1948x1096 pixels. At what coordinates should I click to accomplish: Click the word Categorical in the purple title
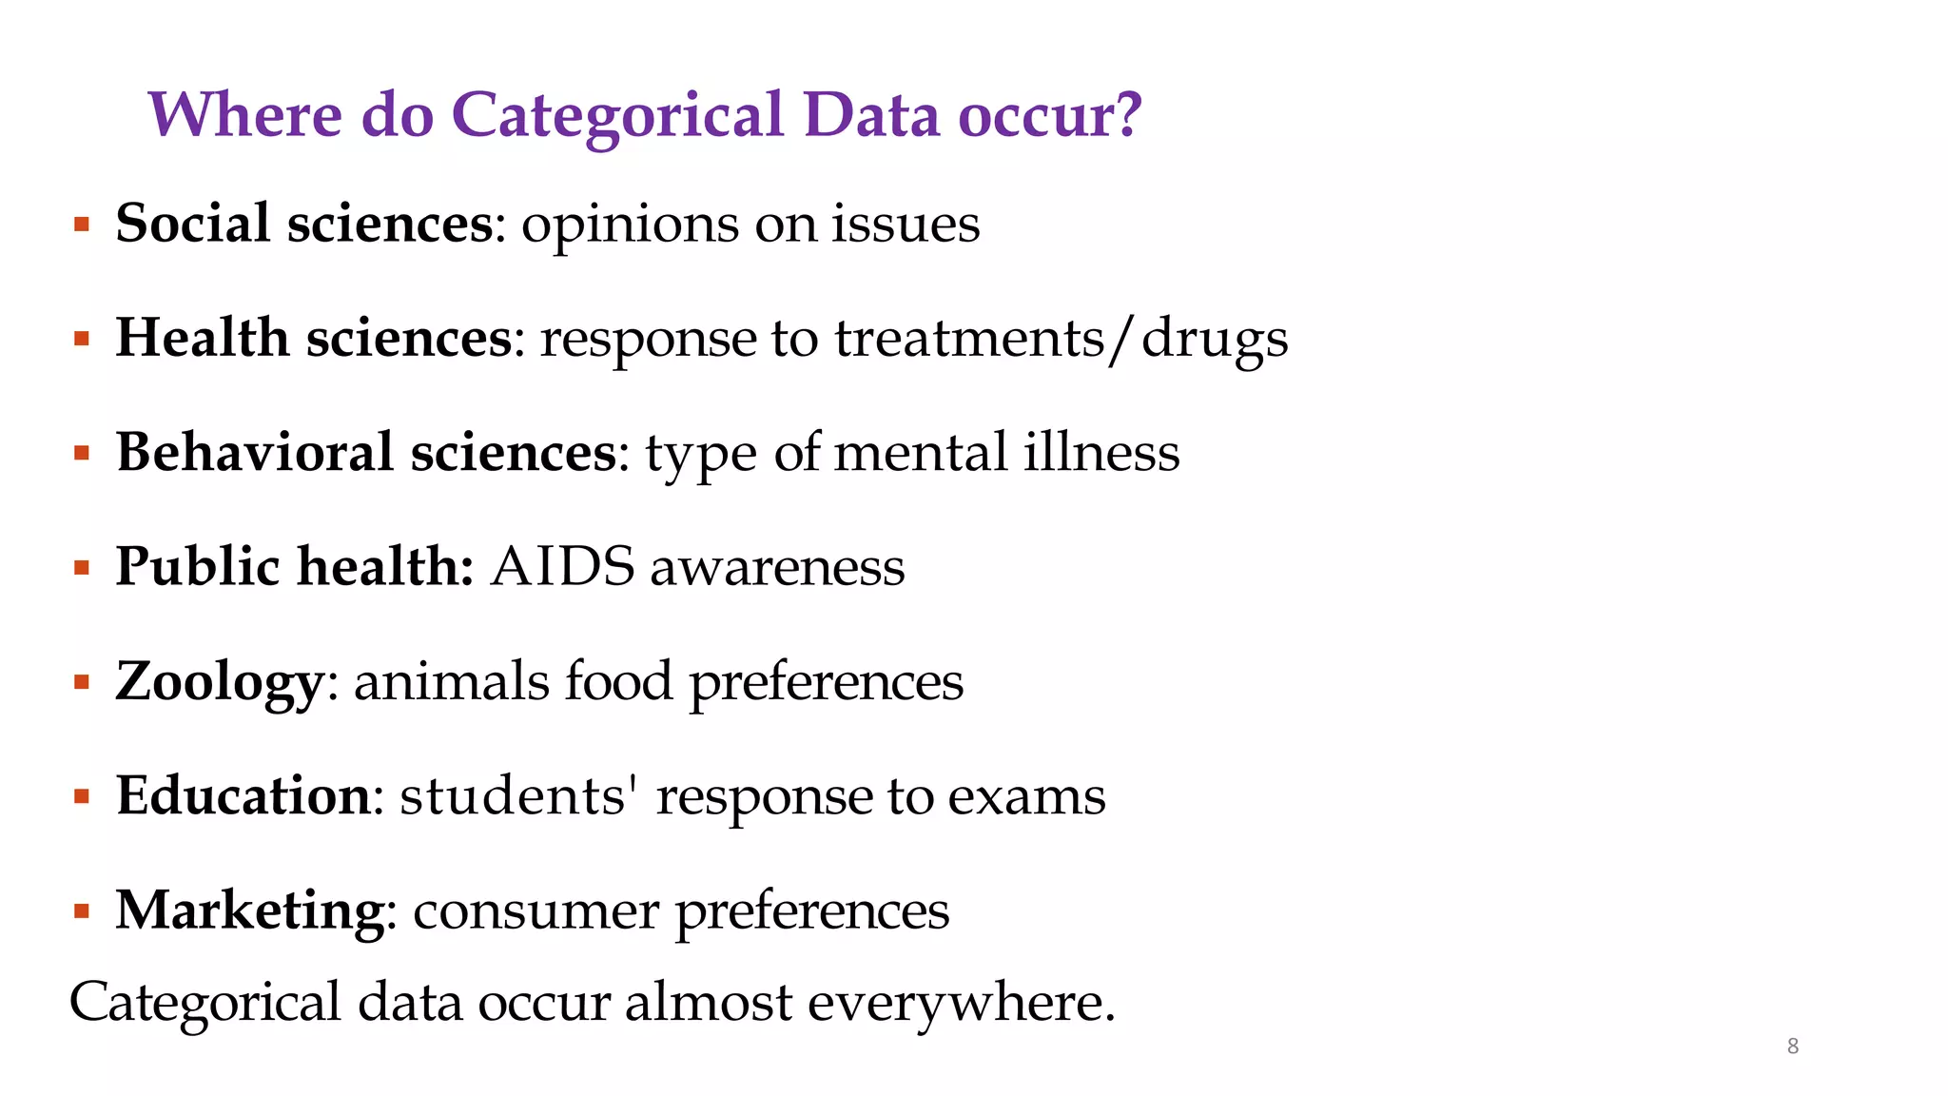pyautogui.click(x=617, y=116)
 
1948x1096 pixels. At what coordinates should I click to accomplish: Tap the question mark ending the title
pyautogui.click(x=1126, y=116)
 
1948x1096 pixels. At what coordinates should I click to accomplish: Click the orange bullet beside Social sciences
pyautogui.click(x=82, y=225)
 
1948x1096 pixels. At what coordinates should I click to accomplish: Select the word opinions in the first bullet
pyautogui.click(x=629, y=226)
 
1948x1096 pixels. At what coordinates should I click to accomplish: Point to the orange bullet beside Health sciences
pyautogui.click(x=82, y=340)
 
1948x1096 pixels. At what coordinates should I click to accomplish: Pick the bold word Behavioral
pyautogui.click(x=254, y=452)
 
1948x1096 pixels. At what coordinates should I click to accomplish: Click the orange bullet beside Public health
pyautogui.click(x=82, y=569)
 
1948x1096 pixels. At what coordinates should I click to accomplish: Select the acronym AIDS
pyautogui.click(x=562, y=567)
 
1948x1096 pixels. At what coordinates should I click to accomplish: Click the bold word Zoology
pyautogui.click(x=220, y=683)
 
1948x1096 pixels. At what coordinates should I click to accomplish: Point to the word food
pyautogui.click(x=618, y=681)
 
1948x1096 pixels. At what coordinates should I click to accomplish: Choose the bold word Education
pyautogui.click(x=243, y=795)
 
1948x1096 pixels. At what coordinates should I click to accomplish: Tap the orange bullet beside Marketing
pyautogui.click(x=82, y=911)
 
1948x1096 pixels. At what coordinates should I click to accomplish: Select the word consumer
pyautogui.click(x=536, y=911)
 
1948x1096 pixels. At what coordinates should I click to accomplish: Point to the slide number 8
pyautogui.click(x=1793, y=1047)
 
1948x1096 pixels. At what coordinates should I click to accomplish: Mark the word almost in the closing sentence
pyautogui.click(x=708, y=1003)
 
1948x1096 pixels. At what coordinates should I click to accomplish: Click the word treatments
pyautogui.click(x=970, y=340)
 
